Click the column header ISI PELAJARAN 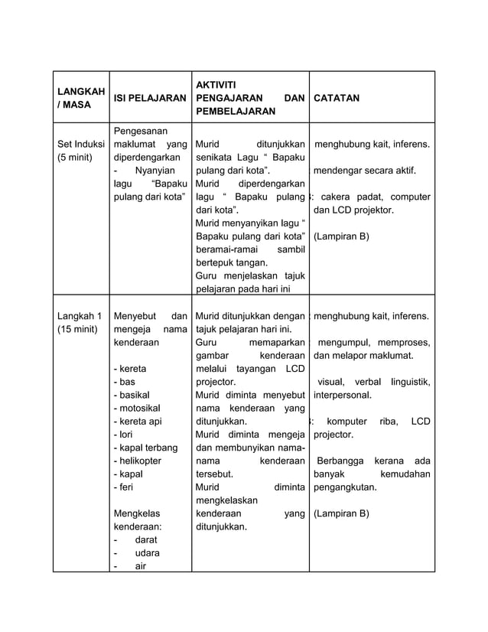[149, 99]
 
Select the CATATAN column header [337, 99]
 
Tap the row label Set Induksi [80, 144]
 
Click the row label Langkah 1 [80, 315]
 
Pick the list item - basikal [132, 395]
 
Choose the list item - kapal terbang [145, 448]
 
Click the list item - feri [124, 487]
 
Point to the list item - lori [123, 435]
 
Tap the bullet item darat [147, 540]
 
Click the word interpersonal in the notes [343, 395]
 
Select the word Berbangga [340, 461]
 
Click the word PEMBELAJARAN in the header [235, 112]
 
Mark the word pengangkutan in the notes [349, 487]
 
